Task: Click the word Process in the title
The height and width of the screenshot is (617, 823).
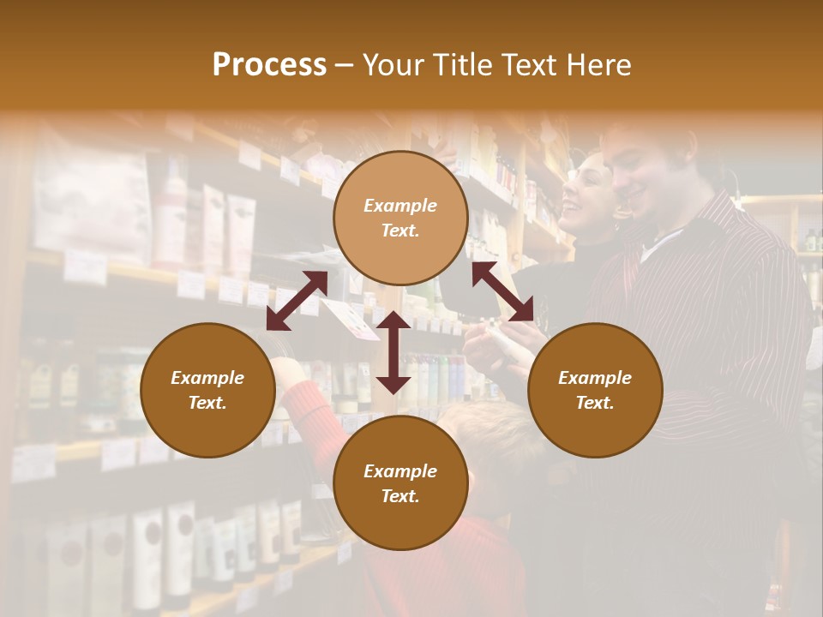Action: pyautogui.click(x=269, y=65)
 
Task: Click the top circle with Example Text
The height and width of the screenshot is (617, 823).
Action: pyautogui.click(x=400, y=218)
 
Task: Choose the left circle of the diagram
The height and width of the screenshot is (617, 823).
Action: pyautogui.click(x=207, y=390)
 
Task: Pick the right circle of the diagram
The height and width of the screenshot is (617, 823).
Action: pyautogui.click(x=595, y=390)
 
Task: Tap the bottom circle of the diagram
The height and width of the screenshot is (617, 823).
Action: pyautogui.click(x=400, y=483)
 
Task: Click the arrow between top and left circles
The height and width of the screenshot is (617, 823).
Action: pyautogui.click(x=297, y=301)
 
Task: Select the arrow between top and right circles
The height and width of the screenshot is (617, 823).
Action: pyautogui.click(x=502, y=291)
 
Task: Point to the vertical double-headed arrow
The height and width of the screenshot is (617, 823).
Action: pyautogui.click(x=393, y=352)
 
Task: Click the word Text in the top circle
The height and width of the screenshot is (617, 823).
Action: pyautogui.click(x=400, y=231)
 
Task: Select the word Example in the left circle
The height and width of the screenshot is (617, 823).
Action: pyautogui.click(x=207, y=378)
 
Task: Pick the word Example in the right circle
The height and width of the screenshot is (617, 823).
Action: pyautogui.click(x=595, y=378)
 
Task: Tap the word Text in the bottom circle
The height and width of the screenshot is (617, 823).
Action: pyautogui.click(x=400, y=497)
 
